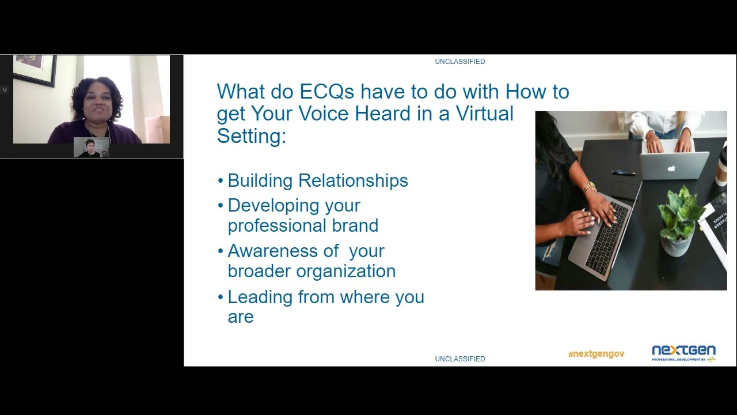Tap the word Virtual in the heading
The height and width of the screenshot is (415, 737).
coord(484,114)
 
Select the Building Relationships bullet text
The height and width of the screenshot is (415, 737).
coord(318,181)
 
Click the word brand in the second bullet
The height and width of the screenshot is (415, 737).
coord(355,225)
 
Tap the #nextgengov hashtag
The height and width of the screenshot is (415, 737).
coord(596,354)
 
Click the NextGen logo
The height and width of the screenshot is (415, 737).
coord(683,353)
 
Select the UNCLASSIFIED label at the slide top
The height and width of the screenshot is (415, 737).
coord(460,62)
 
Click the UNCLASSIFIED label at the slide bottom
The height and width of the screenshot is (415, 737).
coord(460,359)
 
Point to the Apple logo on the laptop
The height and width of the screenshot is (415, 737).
coord(670,169)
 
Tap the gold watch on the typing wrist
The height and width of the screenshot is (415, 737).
coord(589,188)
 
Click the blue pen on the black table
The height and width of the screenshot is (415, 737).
coord(623,172)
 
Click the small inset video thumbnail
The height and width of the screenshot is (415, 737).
coord(91,148)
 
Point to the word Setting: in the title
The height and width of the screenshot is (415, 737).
coord(251,135)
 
